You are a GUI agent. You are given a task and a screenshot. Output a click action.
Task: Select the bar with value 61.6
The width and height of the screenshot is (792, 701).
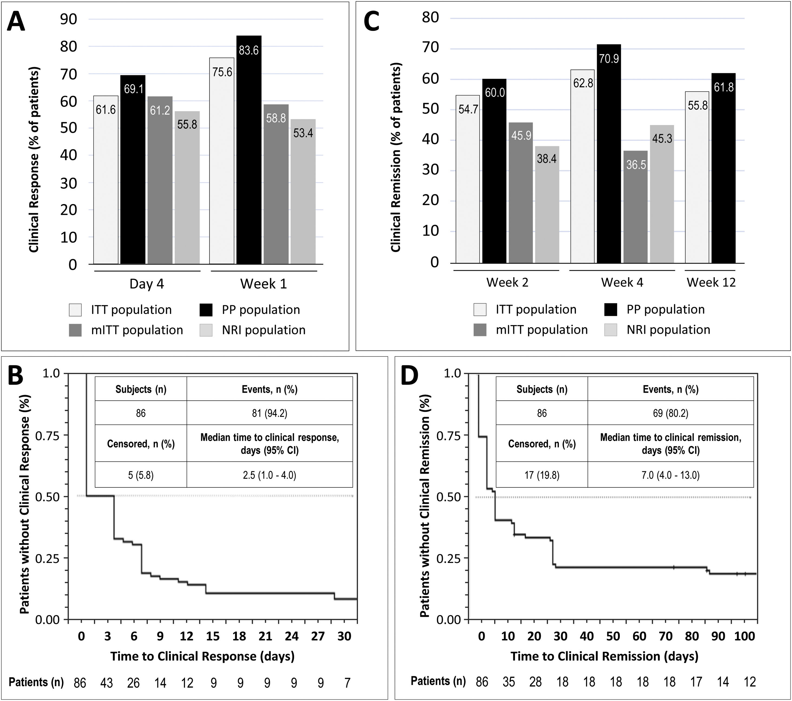(x=106, y=180)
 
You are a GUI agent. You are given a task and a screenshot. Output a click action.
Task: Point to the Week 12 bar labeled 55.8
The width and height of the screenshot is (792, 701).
(x=697, y=177)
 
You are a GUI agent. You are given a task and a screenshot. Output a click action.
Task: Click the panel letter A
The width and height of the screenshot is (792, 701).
(x=16, y=22)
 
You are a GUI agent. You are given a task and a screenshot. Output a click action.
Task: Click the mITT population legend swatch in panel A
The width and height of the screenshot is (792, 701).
(x=75, y=330)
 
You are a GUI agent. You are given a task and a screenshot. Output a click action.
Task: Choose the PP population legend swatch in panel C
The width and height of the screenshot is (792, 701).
(x=611, y=309)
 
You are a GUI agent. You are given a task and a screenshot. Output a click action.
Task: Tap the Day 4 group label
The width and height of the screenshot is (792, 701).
(x=146, y=284)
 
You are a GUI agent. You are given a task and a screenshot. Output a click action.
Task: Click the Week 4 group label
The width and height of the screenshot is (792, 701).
(x=622, y=282)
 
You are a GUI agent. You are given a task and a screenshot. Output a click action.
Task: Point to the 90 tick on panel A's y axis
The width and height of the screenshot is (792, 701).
(x=68, y=19)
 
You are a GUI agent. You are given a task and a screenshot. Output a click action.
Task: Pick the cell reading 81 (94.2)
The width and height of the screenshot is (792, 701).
(x=269, y=413)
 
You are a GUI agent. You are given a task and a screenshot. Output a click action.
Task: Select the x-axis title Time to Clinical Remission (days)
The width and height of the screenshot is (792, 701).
(x=604, y=656)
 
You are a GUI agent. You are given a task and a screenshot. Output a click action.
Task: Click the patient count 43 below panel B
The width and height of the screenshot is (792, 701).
(x=107, y=682)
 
